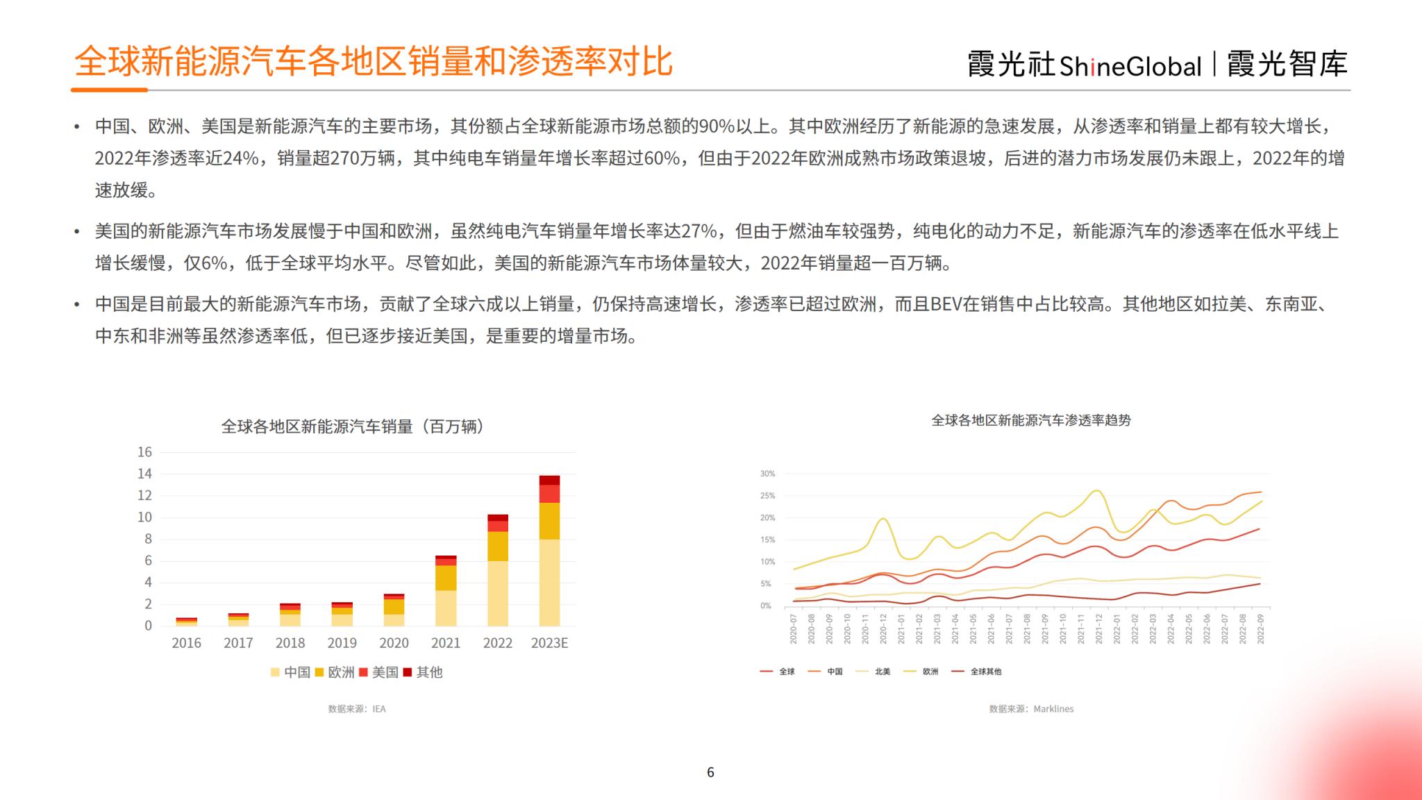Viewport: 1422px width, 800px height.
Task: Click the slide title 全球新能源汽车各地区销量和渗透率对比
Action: tap(374, 62)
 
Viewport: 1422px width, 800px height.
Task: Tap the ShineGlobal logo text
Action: tap(1130, 66)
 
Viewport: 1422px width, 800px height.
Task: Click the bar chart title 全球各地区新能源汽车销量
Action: tap(353, 426)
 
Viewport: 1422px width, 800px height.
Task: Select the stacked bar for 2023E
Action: tap(549, 551)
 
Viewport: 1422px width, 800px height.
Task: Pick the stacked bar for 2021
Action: tap(446, 591)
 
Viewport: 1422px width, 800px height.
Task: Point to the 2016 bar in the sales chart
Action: tap(186, 622)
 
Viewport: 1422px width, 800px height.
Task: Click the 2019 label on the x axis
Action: tap(342, 643)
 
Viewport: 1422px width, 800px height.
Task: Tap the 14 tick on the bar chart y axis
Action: tap(144, 474)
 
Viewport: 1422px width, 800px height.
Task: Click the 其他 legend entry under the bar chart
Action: tap(423, 672)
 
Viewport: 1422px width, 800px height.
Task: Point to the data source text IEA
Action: tap(357, 709)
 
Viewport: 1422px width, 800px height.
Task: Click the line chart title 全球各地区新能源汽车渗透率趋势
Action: tap(1031, 420)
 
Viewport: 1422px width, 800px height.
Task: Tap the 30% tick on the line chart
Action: tap(767, 474)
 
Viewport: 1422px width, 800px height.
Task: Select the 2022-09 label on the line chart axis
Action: tap(1260, 628)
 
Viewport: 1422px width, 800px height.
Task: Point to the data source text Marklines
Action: tap(1031, 709)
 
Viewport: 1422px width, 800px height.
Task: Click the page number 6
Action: tap(710, 772)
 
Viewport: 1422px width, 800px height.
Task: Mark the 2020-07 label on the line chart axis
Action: tap(793, 628)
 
